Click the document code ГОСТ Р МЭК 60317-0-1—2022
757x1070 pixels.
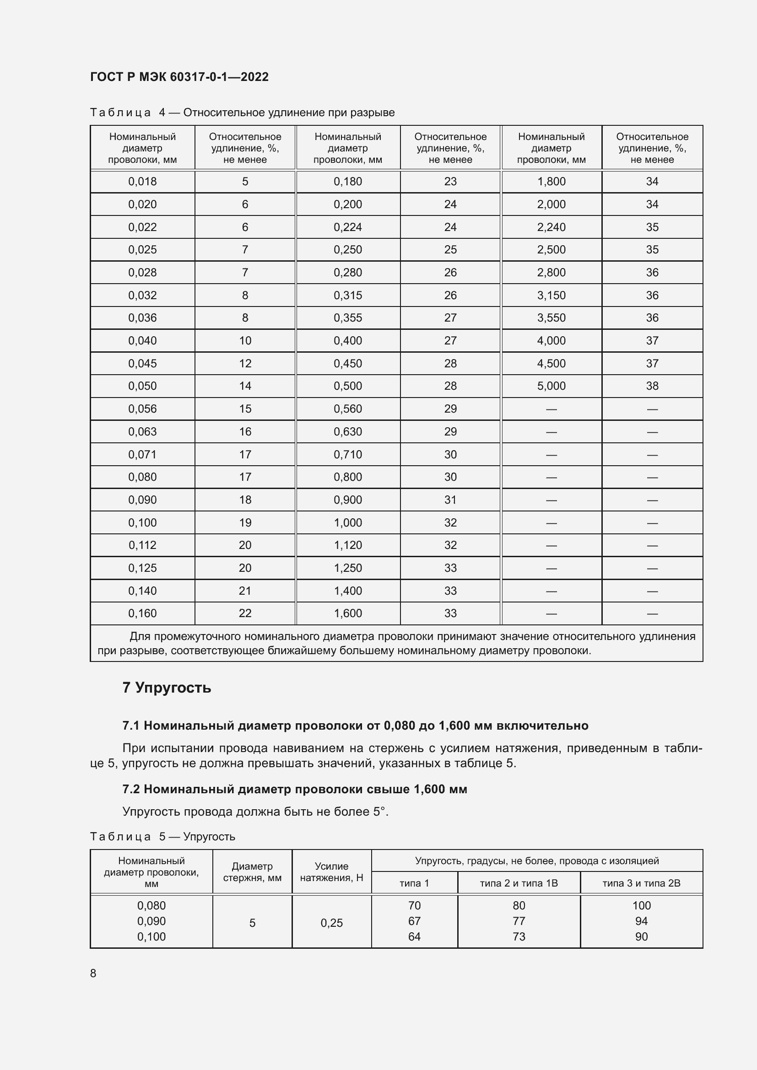pyautogui.click(x=179, y=77)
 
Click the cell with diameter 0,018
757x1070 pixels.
pyautogui.click(x=142, y=182)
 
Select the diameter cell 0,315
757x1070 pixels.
pyautogui.click(x=347, y=296)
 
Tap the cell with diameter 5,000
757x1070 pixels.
pyautogui.click(x=551, y=386)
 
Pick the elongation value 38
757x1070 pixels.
pyautogui.click(x=652, y=386)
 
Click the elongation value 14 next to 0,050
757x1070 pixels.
pyautogui.click(x=245, y=386)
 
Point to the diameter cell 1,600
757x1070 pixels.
pyautogui.click(x=347, y=613)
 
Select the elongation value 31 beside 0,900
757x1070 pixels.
pyautogui.click(x=450, y=500)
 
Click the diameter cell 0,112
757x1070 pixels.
pyautogui.click(x=142, y=545)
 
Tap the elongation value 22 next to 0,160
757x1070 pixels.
pyautogui.click(x=245, y=613)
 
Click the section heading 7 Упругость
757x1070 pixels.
pyautogui.click(x=167, y=688)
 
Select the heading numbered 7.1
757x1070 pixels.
pyautogui.click(x=355, y=726)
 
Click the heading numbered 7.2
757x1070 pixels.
pyautogui.click(x=295, y=789)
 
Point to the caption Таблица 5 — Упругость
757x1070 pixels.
pyautogui.click(x=162, y=837)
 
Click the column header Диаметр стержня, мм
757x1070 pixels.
pyautogui.click(x=252, y=872)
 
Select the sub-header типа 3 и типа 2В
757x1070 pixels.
pyautogui.click(x=641, y=883)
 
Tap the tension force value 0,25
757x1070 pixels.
pyautogui.click(x=331, y=923)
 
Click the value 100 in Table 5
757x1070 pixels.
pyautogui.click(x=641, y=905)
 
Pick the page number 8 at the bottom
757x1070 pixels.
pyautogui.click(x=93, y=973)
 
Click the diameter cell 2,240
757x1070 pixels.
pyautogui.click(x=551, y=227)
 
